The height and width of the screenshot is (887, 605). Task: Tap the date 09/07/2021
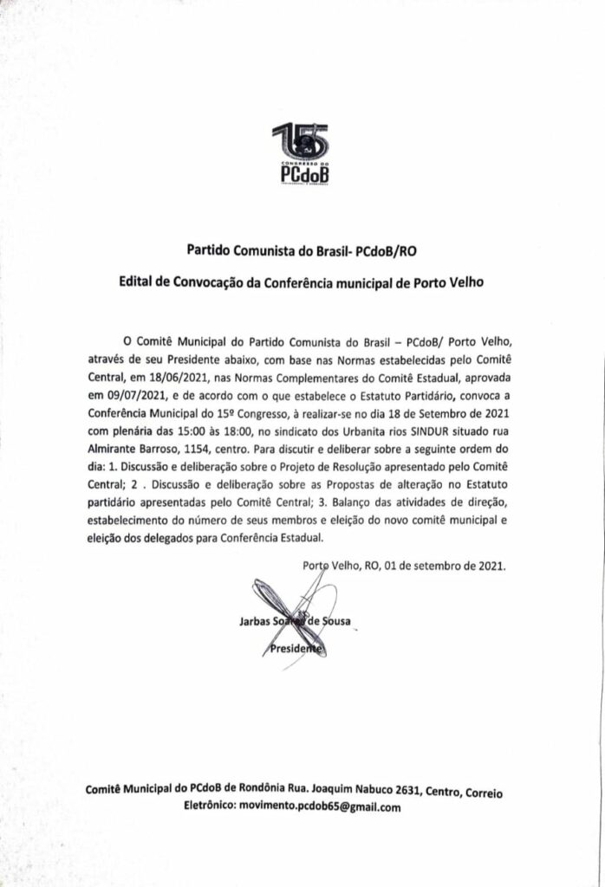150,394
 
